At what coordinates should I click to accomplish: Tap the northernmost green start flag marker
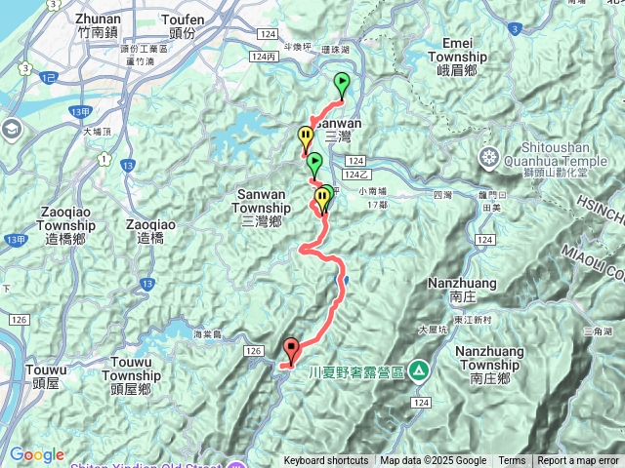pos(342,82)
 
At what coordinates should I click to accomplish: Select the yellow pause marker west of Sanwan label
pos(306,136)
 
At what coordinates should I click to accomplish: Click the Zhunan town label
pos(99,24)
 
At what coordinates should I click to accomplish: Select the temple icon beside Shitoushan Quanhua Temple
pos(488,157)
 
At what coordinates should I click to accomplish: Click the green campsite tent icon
pos(418,370)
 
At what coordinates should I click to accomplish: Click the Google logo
pos(36,455)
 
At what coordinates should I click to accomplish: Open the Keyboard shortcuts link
pos(326,461)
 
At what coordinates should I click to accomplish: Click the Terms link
pos(512,461)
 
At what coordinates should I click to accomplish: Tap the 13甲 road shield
pos(82,113)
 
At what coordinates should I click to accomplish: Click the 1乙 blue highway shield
pos(50,76)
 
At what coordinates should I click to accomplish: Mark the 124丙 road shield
pos(264,58)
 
